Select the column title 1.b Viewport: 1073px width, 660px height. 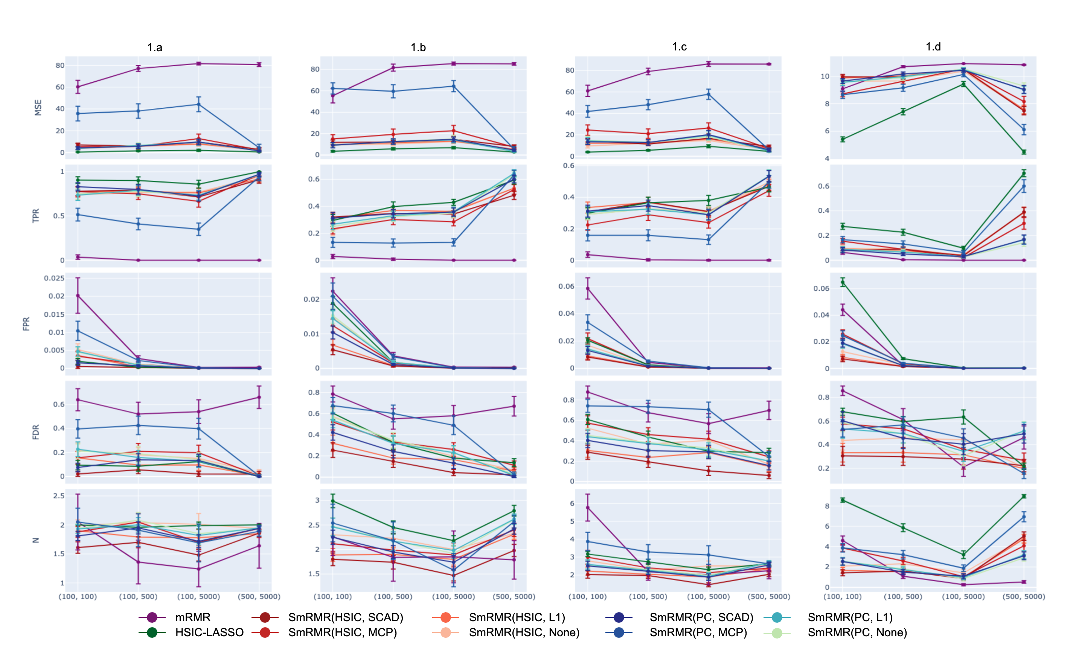tap(418, 47)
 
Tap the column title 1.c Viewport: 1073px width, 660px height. tap(679, 47)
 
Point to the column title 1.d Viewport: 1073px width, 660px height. tap(933, 47)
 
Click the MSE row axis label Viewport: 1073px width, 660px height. tap(38, 108)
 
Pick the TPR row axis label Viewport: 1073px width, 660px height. tap(36, 216)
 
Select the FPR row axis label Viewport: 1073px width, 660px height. tap(27, 323)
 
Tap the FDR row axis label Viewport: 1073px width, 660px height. tap(36, 432)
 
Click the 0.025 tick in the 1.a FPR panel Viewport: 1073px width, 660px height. tap(54, 278)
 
